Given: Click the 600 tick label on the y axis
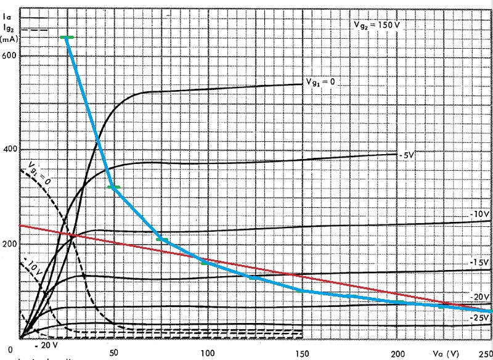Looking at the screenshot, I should coord(10,55).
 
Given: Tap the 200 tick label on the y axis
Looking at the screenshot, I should coord(10,243).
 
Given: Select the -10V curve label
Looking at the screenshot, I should coord(479,214).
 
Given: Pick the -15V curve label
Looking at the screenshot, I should coord(479,263).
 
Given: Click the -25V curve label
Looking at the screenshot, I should coord(479,317).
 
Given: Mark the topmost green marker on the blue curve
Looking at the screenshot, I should coord(67,38).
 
